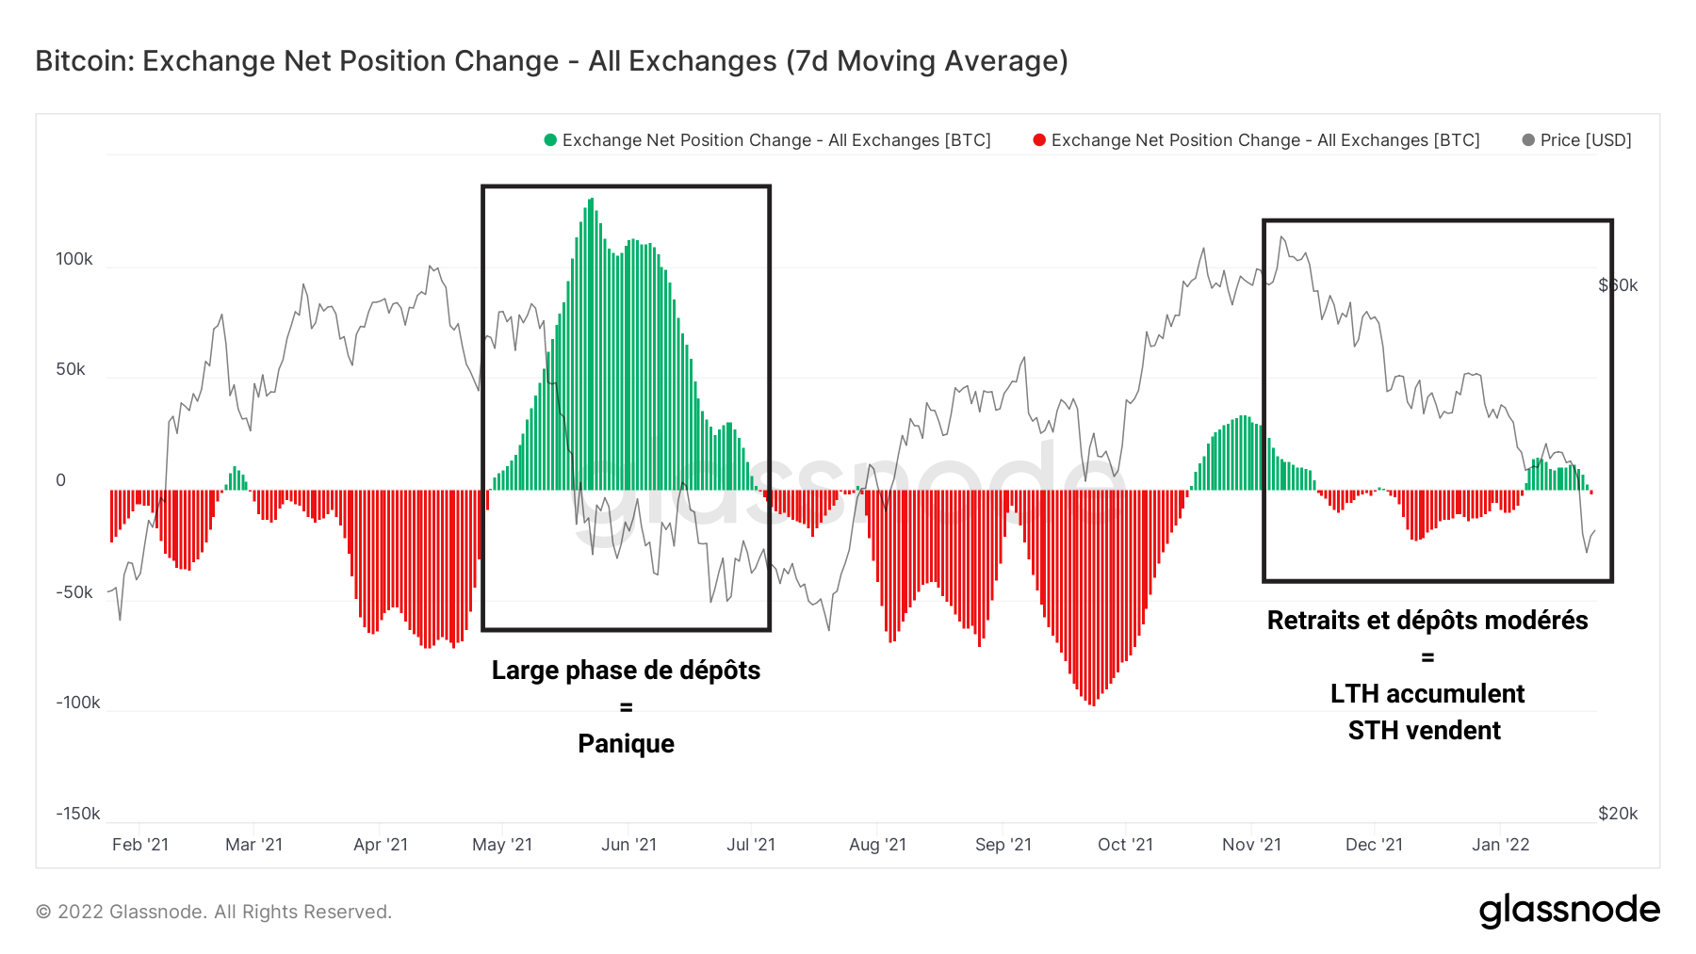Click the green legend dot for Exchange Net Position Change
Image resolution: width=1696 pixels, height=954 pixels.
click(x=550, y=140)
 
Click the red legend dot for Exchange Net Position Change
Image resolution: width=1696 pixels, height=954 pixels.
click(x=1039, y=140)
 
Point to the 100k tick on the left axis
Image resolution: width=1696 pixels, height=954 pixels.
click(x=74, y=259)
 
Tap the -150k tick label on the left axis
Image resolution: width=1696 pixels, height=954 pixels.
click(x=77, y=814)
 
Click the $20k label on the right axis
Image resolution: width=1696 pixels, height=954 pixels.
click(x=1618, y=814)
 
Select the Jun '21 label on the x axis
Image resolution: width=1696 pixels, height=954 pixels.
click(x=628, y=845)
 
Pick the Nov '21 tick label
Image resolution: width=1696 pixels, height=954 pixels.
click(x=1251, y=845)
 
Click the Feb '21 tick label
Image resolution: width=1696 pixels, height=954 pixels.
click(x=140, y=845)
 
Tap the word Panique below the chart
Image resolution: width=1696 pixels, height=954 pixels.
click(x=626, y=744)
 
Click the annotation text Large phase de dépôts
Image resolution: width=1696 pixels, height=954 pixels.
click(x=626, y=671)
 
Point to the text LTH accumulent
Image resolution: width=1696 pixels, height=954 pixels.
click(x=1427, y=694)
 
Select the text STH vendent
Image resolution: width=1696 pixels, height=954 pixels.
click(x=1424, y=731)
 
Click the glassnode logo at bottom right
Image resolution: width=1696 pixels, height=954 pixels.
click(x=1569, y=911)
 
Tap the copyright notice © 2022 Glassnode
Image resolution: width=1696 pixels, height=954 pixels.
click(x=214, y=912)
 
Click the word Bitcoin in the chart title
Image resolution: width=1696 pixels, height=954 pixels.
click(x=84, y=61)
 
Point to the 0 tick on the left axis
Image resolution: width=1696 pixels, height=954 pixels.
click(x=61, y=480)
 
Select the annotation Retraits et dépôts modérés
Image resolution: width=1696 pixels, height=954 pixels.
click(x=1427, y=621)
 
